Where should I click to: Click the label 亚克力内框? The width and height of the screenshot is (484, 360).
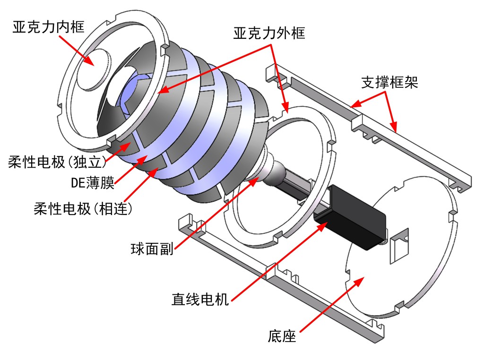48,26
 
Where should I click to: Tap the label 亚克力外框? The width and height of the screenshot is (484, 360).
269,33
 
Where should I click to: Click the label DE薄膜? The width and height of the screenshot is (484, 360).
93,183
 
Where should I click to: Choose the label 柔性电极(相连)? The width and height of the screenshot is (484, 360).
83,208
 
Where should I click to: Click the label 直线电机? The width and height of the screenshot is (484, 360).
200,299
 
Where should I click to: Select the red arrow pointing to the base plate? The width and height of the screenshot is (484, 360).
331,302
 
